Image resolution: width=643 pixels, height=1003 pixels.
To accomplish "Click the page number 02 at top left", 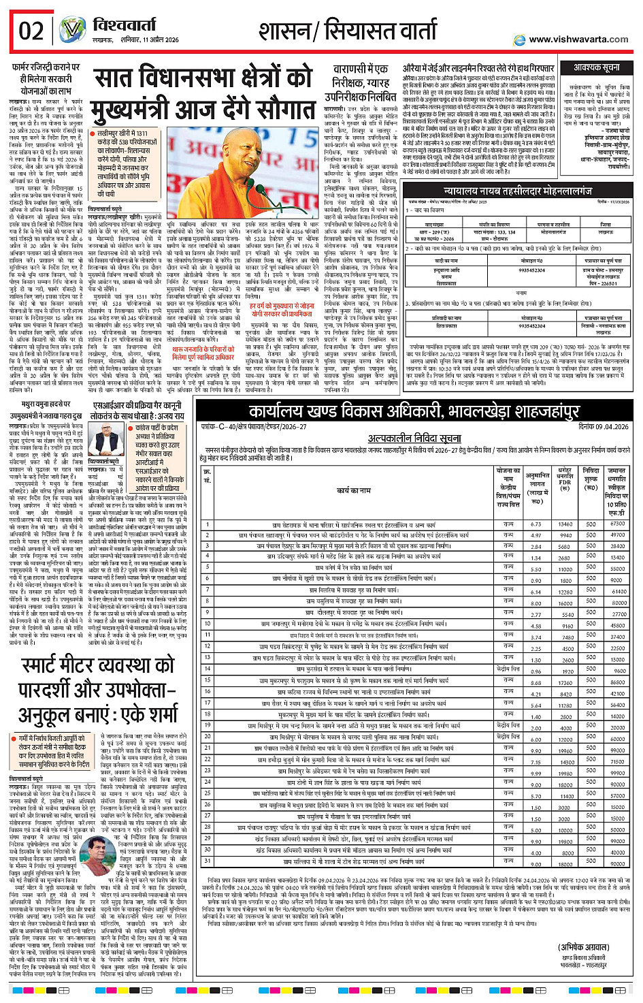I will [31, 31].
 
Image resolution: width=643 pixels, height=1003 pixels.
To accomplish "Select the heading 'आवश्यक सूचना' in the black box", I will [597, 68].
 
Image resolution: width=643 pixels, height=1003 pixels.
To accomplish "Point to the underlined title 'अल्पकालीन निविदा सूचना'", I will [414, 439].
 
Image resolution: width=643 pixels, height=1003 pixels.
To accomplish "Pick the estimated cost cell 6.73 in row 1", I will [536, 524].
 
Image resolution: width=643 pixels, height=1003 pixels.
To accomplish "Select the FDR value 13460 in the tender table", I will [565, 524].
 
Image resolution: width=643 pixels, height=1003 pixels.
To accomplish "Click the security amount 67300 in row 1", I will [617, 524].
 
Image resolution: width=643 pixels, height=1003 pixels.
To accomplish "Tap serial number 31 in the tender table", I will [208, 861].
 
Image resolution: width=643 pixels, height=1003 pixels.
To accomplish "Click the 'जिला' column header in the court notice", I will [605, 224].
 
